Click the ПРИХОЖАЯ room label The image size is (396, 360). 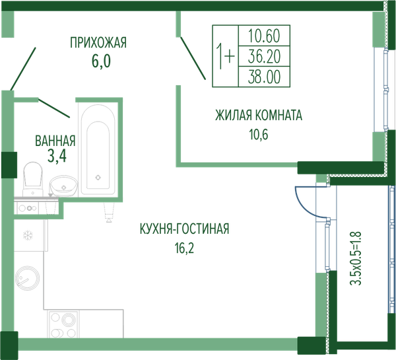click(x=98, y=42)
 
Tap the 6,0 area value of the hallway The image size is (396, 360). click(x=101, y=61)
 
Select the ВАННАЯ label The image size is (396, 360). click(x=55, y=141)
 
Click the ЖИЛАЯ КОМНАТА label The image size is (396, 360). click(x=259, y=116)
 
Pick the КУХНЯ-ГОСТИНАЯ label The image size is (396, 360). click(x=184, y=229)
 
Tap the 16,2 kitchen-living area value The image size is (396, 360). click(x=184, y=248)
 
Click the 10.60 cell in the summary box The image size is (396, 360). click(x=264, y=36)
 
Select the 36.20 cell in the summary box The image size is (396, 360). click(x=264, y=56)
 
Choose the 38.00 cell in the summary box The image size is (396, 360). click(x=264, y=77)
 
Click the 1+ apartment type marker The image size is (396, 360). click(x=226, y=56)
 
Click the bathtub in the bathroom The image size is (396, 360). click(x=98, y=149)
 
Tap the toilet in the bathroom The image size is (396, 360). click(x=33, y=179)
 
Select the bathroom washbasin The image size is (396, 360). click(x=64, y=186)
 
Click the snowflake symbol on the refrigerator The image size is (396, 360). click(x=28, y=235)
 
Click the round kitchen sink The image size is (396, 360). click(x=27, y=277)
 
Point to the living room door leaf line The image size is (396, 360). click(x=193, y=58)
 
